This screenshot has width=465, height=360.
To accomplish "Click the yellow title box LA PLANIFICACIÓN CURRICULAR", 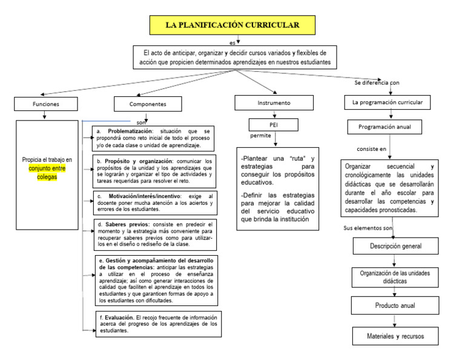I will (232, 25).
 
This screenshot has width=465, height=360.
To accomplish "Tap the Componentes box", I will (148, 104).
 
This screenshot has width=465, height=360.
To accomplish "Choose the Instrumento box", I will (274, 103).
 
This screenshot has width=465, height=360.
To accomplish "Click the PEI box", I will (274, 124).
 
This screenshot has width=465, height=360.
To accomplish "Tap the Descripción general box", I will (395, 246).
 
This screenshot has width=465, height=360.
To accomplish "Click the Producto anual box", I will (395, 305).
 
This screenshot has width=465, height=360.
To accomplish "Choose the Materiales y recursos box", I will (395, 335).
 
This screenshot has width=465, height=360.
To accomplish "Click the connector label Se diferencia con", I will (377, 82).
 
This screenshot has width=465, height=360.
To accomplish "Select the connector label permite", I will (260, 135).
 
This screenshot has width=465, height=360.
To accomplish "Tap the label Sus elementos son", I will (368, 228).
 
